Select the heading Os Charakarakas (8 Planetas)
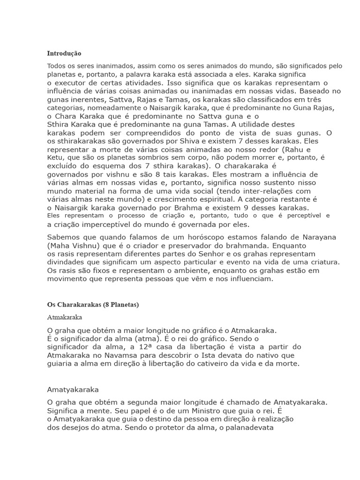pos(93,304)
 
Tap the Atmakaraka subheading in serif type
pos(65,317)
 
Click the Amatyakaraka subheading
pos(73,389)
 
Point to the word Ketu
pos(56,157)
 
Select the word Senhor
pos(194,254)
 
